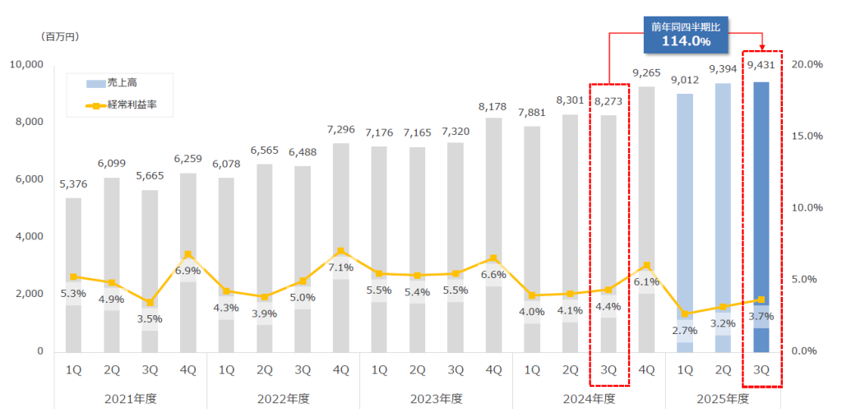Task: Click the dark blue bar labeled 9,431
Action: (x=761, y=206)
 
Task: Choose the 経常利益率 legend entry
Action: (x=123, y=105)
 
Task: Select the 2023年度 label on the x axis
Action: (x=436, y=398)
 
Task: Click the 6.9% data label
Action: (x=188, y=271)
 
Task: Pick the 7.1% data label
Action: (x=340, y=267)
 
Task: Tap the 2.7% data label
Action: (x=684, y=331)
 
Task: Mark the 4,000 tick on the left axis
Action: (x=30, y=237)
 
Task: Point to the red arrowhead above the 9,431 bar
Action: (x=761, y=47)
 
